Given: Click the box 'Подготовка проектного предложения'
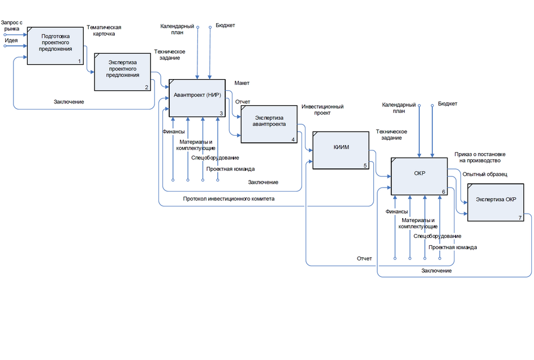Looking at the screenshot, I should point(55,45).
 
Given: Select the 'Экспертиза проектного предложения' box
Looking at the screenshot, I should point(123,72).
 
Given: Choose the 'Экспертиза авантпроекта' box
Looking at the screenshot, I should point(269,123).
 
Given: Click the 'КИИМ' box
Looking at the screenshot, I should point(341,150).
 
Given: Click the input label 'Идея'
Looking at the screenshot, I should point(11,40).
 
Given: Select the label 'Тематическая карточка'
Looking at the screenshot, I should point(104,30).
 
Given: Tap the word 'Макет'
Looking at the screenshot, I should point(242,83).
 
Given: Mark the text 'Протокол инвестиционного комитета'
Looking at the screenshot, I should point(229,198).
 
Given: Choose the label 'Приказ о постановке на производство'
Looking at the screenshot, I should point(480,157).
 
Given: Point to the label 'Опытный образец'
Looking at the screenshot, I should point(484,174).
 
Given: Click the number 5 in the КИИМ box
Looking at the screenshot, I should point(365,166).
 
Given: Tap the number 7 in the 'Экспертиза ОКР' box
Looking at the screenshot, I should point(519,218).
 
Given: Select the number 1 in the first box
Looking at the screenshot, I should point(79,61).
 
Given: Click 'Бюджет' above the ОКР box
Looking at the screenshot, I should point(447,104).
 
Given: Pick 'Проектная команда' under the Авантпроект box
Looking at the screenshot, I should point(230,169).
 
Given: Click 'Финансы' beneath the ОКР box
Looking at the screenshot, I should point(397,211).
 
